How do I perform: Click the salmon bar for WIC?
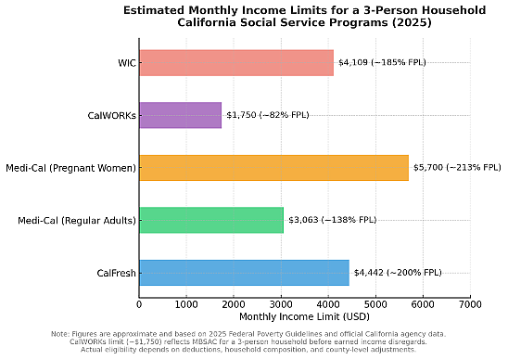click(235, 63)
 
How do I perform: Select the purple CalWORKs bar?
click(180, 115)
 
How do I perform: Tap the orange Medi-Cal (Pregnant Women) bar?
click(273, 168)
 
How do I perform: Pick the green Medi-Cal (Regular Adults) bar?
click(211, 221)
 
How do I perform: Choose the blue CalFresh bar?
click(244, 273)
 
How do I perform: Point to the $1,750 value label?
click(268, 115)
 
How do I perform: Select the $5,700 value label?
click(454, 168)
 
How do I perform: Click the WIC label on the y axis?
click(126, 63)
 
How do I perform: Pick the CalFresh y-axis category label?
click(116, 273)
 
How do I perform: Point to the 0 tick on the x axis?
click(139, 303)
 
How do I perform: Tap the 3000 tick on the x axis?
click(281, 303)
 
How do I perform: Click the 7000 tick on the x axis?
click(470, 303)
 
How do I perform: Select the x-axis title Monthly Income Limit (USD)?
click(304, 317)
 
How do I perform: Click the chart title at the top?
click(304, 16)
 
